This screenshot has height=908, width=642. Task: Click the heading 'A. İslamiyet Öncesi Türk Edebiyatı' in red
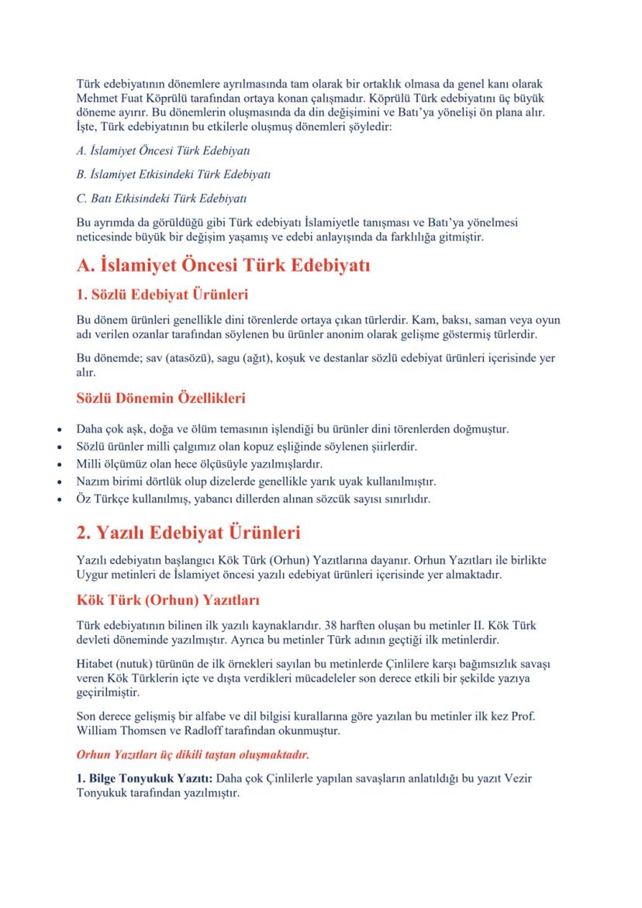point(223,267)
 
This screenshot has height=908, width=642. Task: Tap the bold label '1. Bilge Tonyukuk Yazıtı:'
point(145,777)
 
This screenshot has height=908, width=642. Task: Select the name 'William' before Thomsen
point(99,730)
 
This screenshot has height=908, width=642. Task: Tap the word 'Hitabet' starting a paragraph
point(96,665)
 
